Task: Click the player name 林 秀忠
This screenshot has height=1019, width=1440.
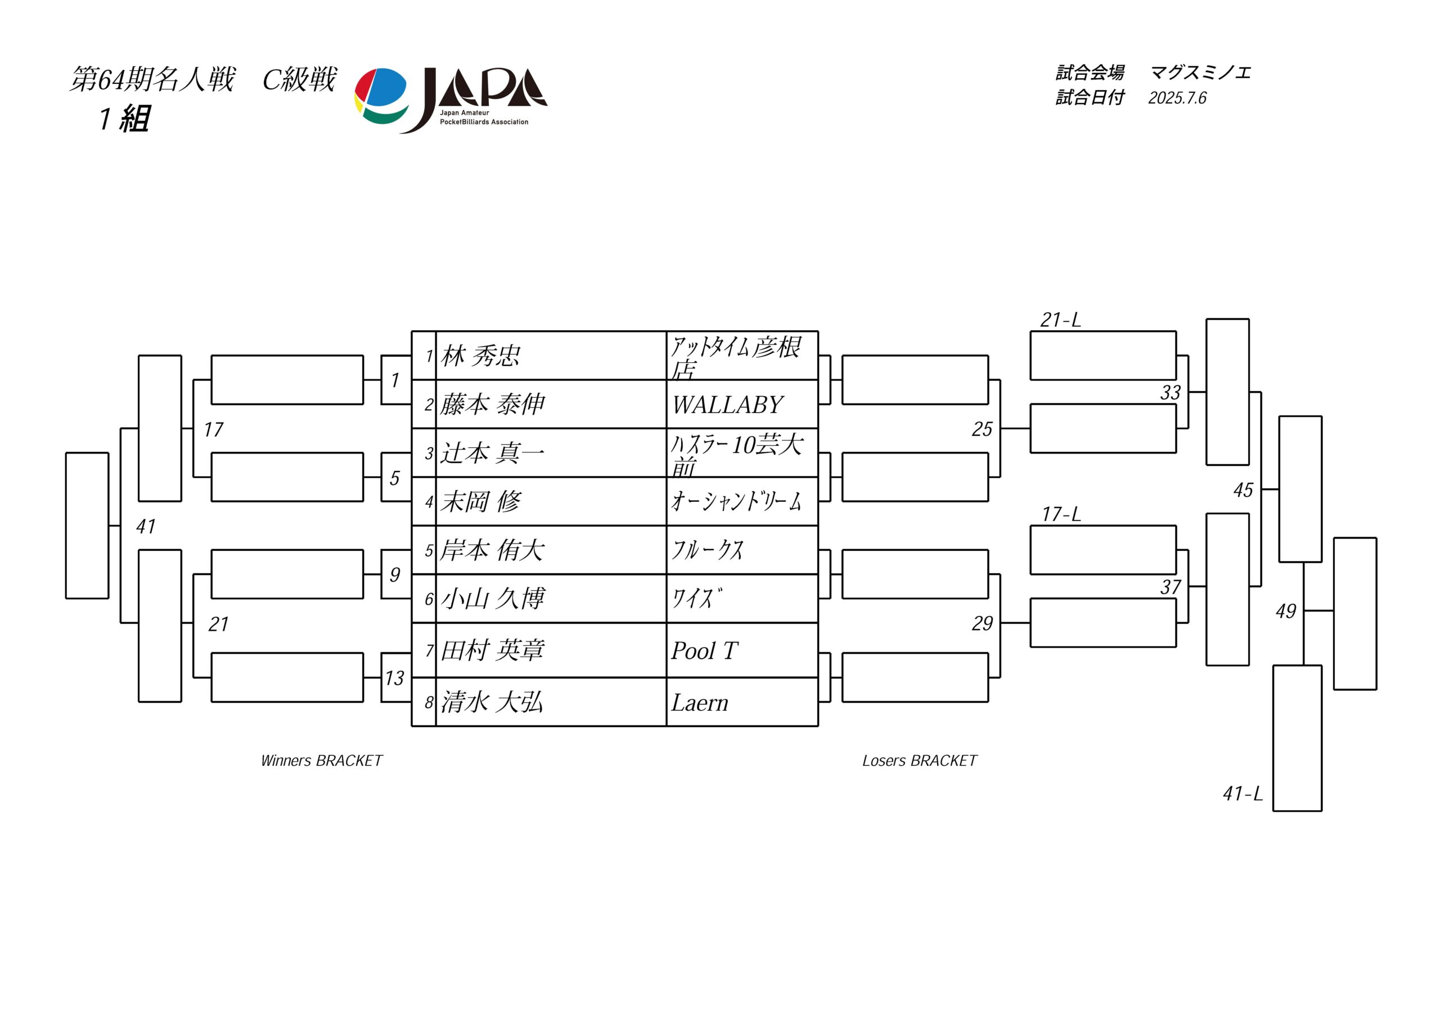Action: coord(480,356)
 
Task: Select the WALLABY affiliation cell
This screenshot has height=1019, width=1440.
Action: coord(742,404)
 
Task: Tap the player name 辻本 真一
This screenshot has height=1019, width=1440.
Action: coord(492,453)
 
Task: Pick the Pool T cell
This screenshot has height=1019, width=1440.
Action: coord(742,650)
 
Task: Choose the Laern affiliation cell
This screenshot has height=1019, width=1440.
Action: coord(742,702)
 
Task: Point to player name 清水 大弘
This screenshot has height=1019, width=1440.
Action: coord(492,702)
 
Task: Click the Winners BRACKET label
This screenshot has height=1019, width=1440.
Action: coord(321,761)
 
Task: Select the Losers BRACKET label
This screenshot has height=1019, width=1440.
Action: coord(920,761)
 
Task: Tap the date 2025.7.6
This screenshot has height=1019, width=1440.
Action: coord(1177,98)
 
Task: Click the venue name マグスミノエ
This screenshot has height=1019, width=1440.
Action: coord(1200,73)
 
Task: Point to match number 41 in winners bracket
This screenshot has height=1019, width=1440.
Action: coord(146,527)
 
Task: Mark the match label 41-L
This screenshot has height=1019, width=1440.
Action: coord(1243,794)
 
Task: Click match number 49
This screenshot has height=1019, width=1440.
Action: coord(1286,610)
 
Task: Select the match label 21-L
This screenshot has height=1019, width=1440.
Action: coord(1060,320)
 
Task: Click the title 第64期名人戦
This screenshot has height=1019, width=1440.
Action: coord(152,80)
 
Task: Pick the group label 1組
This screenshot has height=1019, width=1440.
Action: coord(124,119)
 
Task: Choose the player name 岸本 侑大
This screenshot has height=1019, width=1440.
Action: coord(492,550)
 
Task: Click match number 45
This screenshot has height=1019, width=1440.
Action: coord(1243,490)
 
